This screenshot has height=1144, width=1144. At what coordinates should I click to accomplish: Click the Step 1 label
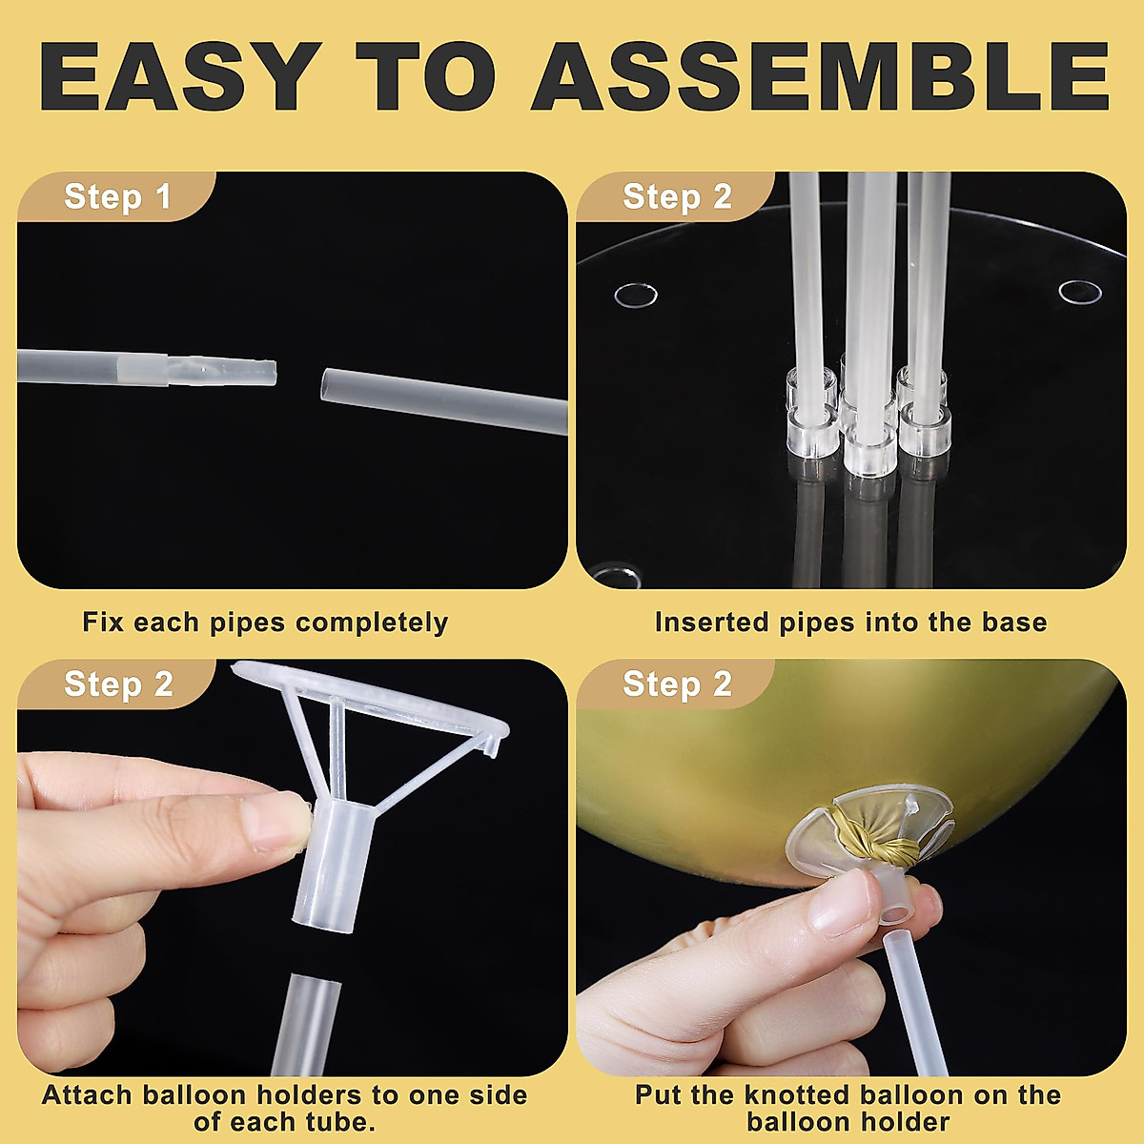pyautogui.click(x=117, y=197)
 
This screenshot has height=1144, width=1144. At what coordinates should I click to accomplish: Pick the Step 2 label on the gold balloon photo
pyautogui.click(x=677, y=684)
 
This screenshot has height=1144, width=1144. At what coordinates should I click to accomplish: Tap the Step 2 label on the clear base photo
pyautogui.click(x=677, y=197)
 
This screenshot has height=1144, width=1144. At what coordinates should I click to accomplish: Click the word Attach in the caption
pyautogui.click(x=89, y=1095)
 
